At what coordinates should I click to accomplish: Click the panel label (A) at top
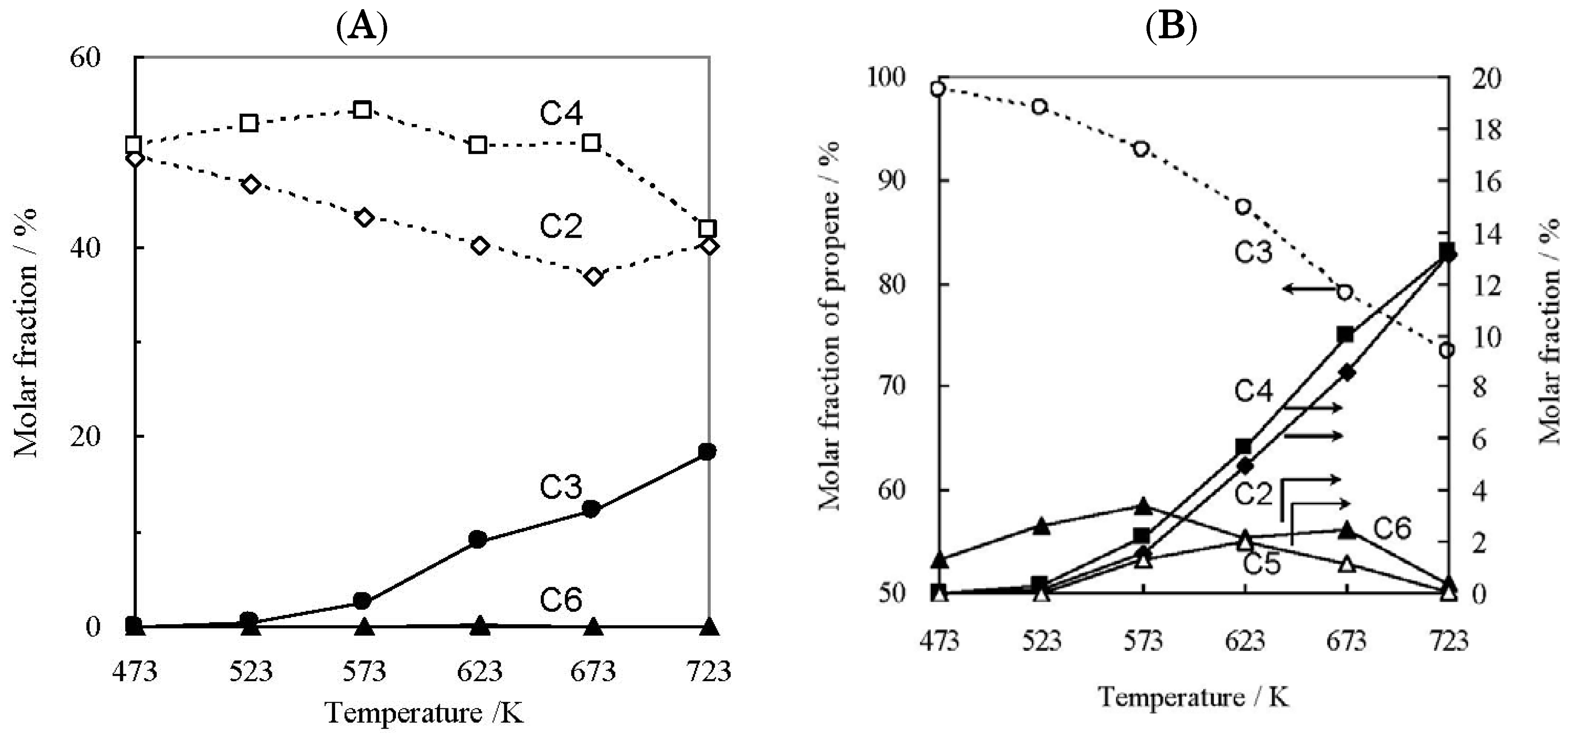[362, 28]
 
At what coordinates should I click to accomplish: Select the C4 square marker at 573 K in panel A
[363, 110]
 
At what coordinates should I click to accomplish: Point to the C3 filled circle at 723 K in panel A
[707, 452]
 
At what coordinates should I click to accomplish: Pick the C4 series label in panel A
[561, 114]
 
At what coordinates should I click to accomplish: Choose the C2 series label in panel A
[561, 227]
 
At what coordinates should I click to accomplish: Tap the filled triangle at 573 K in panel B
[1143, 506]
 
